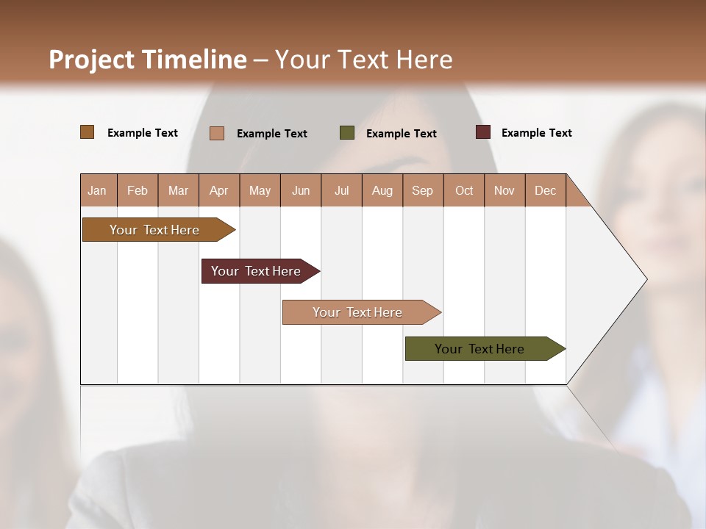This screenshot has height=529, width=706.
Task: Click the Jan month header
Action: (98, 190)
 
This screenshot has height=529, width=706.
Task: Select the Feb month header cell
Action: (138, 190)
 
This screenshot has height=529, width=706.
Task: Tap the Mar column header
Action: (178, 190)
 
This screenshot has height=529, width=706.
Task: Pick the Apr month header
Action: (219, 190)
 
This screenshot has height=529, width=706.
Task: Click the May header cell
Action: (260, 190)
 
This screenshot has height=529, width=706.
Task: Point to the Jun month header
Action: (301, 190)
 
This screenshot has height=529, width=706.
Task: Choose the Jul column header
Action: (341, 190)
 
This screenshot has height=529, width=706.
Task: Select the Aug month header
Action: (382, 190)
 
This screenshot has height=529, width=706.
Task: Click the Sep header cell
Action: (423, 190)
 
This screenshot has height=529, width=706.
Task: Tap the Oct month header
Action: (464, 190)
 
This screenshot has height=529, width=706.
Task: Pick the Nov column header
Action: (504, 190)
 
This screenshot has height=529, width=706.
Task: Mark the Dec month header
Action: (546, 190)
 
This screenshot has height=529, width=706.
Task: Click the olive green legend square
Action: (347, 133)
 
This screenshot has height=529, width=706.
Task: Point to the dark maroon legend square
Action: (482, 132)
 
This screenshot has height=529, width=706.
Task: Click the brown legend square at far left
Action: (88, 132)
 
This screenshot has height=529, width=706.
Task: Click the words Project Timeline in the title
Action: (148, 60)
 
